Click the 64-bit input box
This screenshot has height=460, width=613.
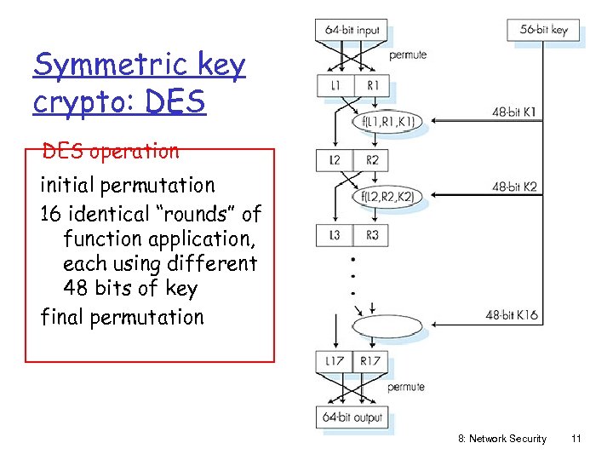352,30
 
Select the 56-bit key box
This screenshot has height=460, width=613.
543,30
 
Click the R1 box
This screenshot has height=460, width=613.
371,85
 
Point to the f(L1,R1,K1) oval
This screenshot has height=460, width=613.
388,122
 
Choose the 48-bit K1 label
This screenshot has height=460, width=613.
514,112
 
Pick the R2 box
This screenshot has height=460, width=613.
371,159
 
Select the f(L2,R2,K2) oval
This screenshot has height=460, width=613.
388,198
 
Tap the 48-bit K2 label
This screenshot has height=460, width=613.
514,187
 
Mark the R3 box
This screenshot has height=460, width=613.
371,234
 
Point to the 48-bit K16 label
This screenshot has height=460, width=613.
512,315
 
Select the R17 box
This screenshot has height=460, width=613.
371,361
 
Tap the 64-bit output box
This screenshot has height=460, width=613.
352,417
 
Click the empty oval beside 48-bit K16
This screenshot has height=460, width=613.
388,326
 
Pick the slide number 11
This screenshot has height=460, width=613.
576,439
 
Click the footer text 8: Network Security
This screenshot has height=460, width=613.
502,439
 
